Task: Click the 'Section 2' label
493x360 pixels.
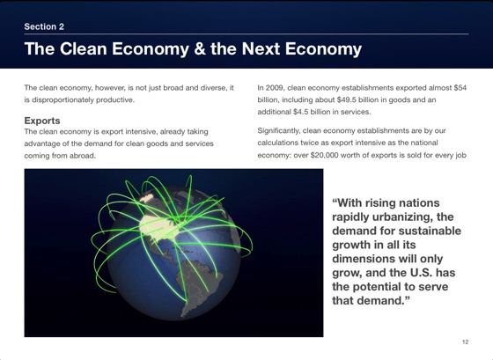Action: click(44, 26)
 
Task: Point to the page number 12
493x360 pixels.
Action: click(465, 341)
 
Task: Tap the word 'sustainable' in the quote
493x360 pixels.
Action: click(425, 231)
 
